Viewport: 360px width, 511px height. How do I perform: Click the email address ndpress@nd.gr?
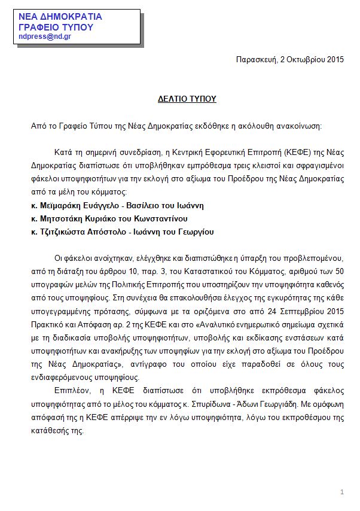click(x=45, y=36)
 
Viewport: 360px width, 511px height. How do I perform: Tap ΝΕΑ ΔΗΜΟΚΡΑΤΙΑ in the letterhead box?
click(x=60, y=16)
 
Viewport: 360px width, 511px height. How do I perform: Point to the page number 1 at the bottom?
click(x=341, y=492)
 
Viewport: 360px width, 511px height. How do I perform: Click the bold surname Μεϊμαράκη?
click(x=62, y=205)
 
